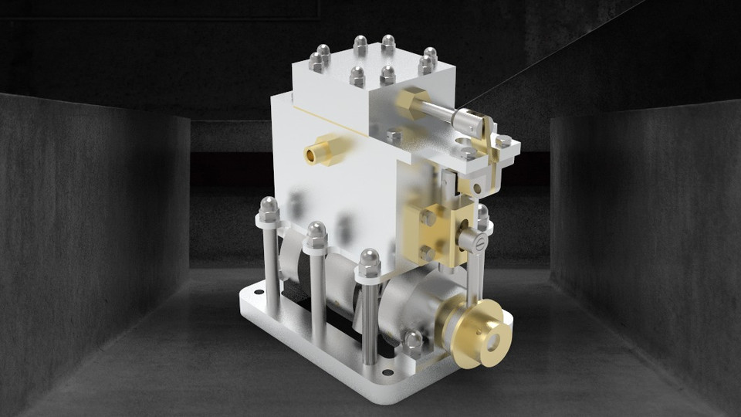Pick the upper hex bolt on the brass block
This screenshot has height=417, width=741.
pos(427,219)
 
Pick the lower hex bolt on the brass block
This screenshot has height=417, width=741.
pos(427,252)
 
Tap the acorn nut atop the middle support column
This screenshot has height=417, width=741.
pos(316,232)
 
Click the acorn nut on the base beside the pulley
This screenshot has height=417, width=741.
pos(413,340)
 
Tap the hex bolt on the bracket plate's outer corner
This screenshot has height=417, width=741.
pos(502,141)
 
